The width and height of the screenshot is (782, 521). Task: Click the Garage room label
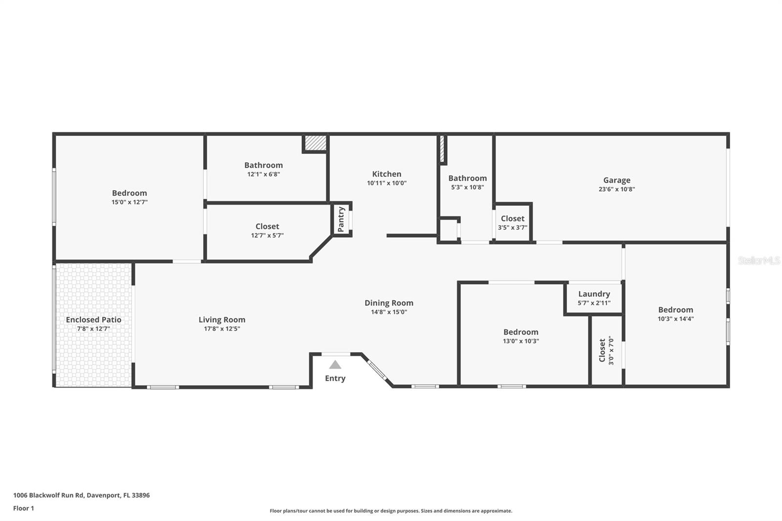pyautogui.click(x=616, y=180)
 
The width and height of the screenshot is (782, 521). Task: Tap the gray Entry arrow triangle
pyautogui.click(x=335, y=365)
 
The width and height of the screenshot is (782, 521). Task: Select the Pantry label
pyautogui.click(x=341, y=219)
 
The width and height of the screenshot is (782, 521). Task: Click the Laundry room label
pyautogui.click(x=594, y=294)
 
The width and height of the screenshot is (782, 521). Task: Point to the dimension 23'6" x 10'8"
pyautogui.click(x=616, y=189)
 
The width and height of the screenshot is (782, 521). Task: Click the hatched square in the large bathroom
pyautogui.click(x=315, y=143)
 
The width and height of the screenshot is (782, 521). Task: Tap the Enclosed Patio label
pyautogui.click(x=93, y=320)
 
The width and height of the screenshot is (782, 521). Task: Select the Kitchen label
pyautogui.click(x=387, y=174)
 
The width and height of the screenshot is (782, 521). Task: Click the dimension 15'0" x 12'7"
pyautogui.click(x=130, y=202)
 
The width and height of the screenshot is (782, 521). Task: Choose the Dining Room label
pyautogui.click(x=389, y=303)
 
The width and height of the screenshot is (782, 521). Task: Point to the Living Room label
pyautogui.click(x=222, y=320)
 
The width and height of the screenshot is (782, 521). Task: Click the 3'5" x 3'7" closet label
pyautogui.click(x=512, y=218)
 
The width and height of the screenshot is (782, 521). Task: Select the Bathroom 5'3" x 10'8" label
pyautogui.click(x=467, y=178)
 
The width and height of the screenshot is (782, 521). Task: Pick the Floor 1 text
pyautogui.click(x=23, y=508)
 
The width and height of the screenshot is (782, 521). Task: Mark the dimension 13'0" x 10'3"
pyautogui.click(x=521, y=341)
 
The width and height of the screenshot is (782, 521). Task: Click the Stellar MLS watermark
pyautogui.click(x=759, y=260)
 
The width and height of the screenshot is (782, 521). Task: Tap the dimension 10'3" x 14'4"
pyautogui.click(x=675, y=319)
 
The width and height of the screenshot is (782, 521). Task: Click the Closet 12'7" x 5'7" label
pyautogui.click(x=267, y=226)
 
